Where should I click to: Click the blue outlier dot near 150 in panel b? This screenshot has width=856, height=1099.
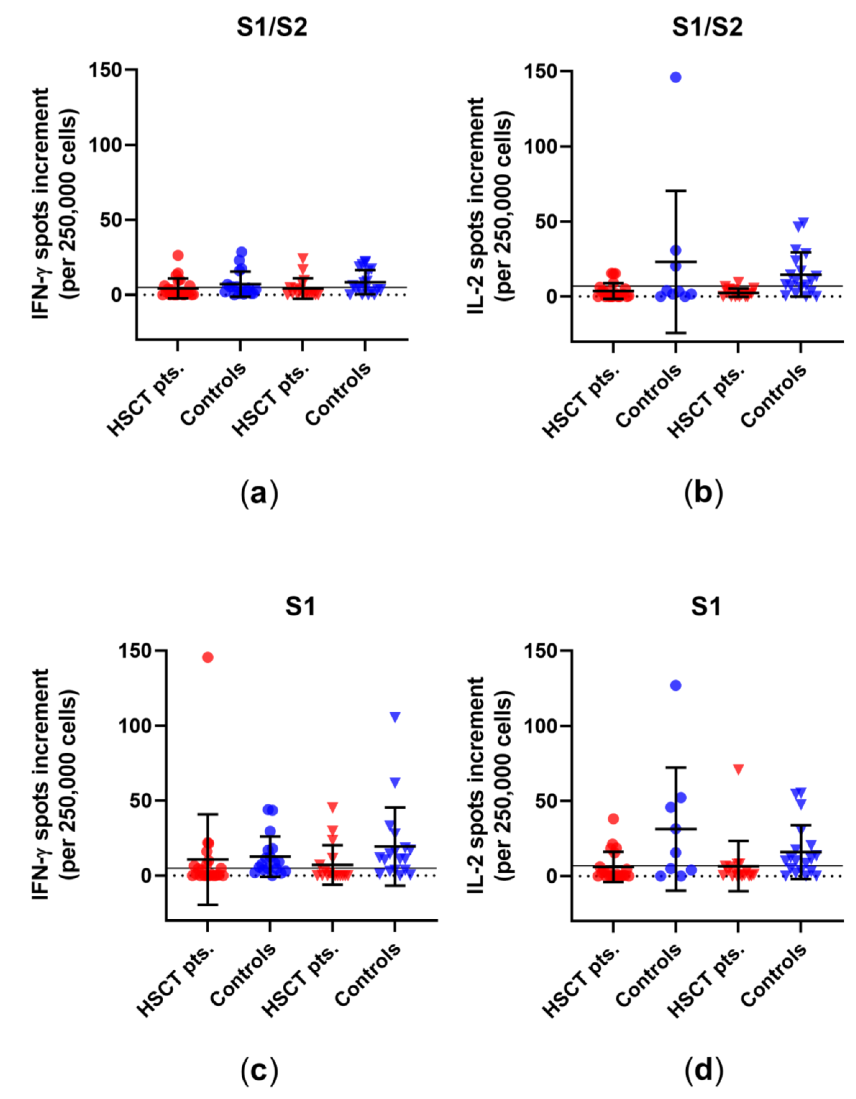(675, 77)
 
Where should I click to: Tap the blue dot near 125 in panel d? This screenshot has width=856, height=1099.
(675, 685)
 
